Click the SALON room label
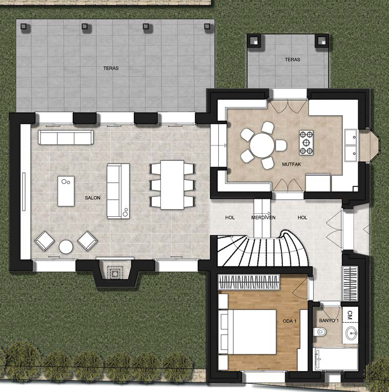[x=92, y=198]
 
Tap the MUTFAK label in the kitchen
[x=292, y=164]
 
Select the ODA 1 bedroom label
[x=290, y=321]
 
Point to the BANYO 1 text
[x=329, y=320]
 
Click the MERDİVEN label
[x=263, y=217]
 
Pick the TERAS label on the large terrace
[x=111, y=68]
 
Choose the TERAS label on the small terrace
[x=293, y=59]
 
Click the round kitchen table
[x=262, y=146]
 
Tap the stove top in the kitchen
[x=306, y=142]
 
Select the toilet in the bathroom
[x=320, y=332]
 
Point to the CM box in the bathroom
[x=350, y=315]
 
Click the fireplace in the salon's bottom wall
[x=115, y=273]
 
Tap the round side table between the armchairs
[x=66, y=247]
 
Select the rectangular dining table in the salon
[x=172, y=185]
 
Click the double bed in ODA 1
[x=248, y=332]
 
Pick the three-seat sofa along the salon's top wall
[x=66, y=137]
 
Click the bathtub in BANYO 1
[x=336, y=358]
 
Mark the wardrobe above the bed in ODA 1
[x=249, y=282]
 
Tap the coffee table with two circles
[x=66, y=191]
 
